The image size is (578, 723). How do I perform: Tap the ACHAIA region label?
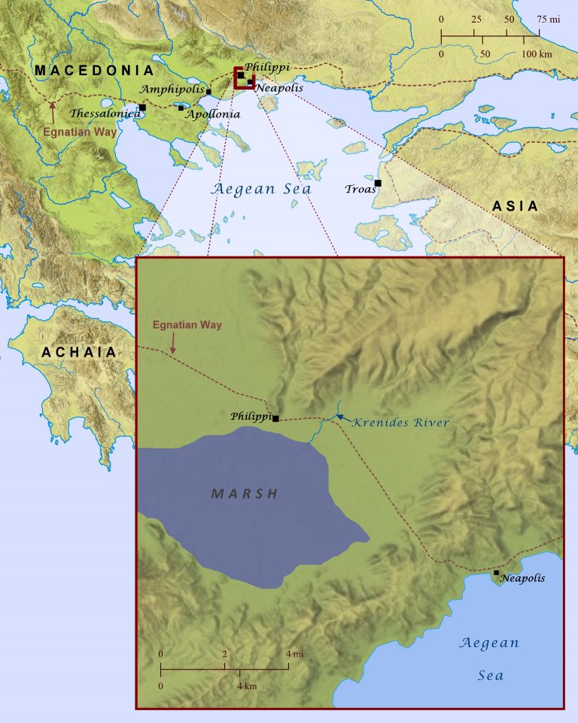point(79,351)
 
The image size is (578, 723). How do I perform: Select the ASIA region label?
point(516,206)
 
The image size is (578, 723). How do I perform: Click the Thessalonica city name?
point(105,114)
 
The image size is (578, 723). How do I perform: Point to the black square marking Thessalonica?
point(142,108)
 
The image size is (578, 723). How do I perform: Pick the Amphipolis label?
point(172,88)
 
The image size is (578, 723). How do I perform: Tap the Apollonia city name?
point(213,114)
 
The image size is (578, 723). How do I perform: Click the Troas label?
point(359,189)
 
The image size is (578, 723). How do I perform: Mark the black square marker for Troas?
point(378,183)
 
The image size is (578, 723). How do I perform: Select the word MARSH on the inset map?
point(245,494)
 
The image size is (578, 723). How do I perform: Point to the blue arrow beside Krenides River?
point(340,416)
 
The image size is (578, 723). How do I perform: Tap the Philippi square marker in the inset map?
point(275,418)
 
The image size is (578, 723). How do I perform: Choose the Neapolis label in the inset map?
point(522,579)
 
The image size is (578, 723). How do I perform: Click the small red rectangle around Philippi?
point(244,77)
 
